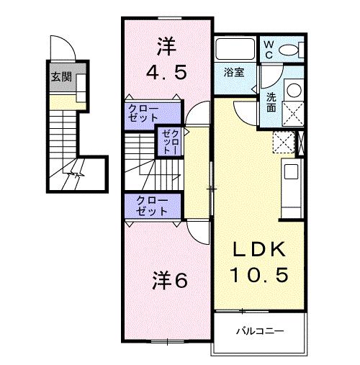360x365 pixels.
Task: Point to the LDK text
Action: pyautogui.click(x=258, y=251)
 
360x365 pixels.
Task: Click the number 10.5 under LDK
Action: pyautogui.click(x=258, y=274)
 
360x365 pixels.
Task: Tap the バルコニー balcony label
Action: pyautogui.click(x=260, y=330)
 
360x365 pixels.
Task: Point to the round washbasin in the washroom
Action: pyautogui.click(x=294, y=91)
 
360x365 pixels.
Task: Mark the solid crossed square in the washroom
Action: pyautogui.click(x=295, y=114)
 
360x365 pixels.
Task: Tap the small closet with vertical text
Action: pyautogui.click(x=168, y=142)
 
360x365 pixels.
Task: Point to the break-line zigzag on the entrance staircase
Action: pyautogui.click(x=73, y=174)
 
